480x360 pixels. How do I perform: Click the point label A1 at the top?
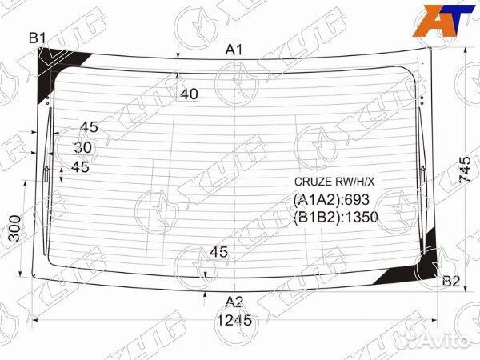click(x=233, y=50)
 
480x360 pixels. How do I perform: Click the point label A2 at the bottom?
click(x=233, y=302)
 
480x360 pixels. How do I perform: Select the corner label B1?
click(x=38, y=38)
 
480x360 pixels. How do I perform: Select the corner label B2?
click(x=451, y=281)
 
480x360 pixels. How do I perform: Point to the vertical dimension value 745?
click(x=465, y=169)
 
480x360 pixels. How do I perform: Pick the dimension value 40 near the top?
click(x=189, y=94)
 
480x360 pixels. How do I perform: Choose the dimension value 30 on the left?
click(x=82, y=147)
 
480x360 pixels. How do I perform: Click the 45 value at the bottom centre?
click(x=218, y=252)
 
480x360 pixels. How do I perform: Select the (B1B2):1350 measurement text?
click(x=334, y=216)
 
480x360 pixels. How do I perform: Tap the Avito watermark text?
click(x=445, y=342)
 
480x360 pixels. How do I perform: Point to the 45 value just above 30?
click(x=89, y=127)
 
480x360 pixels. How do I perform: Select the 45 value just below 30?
click(x=80, y=166)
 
